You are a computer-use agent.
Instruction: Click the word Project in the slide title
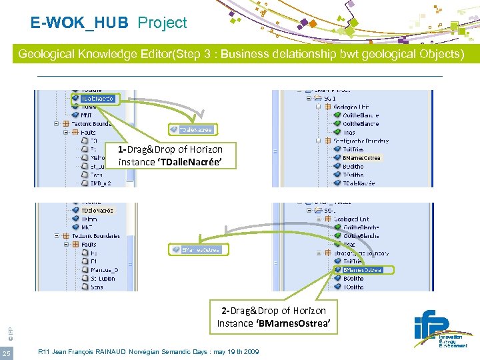point(162,23)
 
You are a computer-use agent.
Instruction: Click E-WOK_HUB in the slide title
point(79,23)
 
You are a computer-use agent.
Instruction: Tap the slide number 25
point(7,353)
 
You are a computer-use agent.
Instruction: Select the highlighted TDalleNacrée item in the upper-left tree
point(97,99)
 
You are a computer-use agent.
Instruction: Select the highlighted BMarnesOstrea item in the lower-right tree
point(363,270)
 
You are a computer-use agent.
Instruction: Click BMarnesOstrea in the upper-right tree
point(361,158)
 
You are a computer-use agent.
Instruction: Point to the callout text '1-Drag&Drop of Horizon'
point(170,149)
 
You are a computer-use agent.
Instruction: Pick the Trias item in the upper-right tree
point(350,132)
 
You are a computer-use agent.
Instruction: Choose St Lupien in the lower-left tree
point(103,278)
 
